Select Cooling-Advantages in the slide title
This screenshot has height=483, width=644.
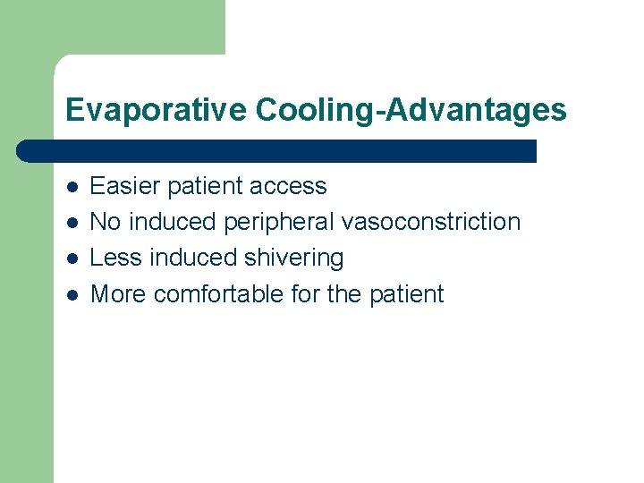[x=411, y=110]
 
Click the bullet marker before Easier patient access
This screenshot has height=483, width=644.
[x=72, y=187]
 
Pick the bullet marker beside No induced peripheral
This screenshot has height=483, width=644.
[x=72, y=223]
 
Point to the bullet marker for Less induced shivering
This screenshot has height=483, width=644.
[x=72, y=258]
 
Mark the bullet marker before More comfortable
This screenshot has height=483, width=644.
[x=72, y=294]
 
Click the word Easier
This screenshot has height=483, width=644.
[x=121, y=186]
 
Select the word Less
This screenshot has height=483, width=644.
[x=117, y=258]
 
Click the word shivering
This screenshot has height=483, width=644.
[x=292, y=258]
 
